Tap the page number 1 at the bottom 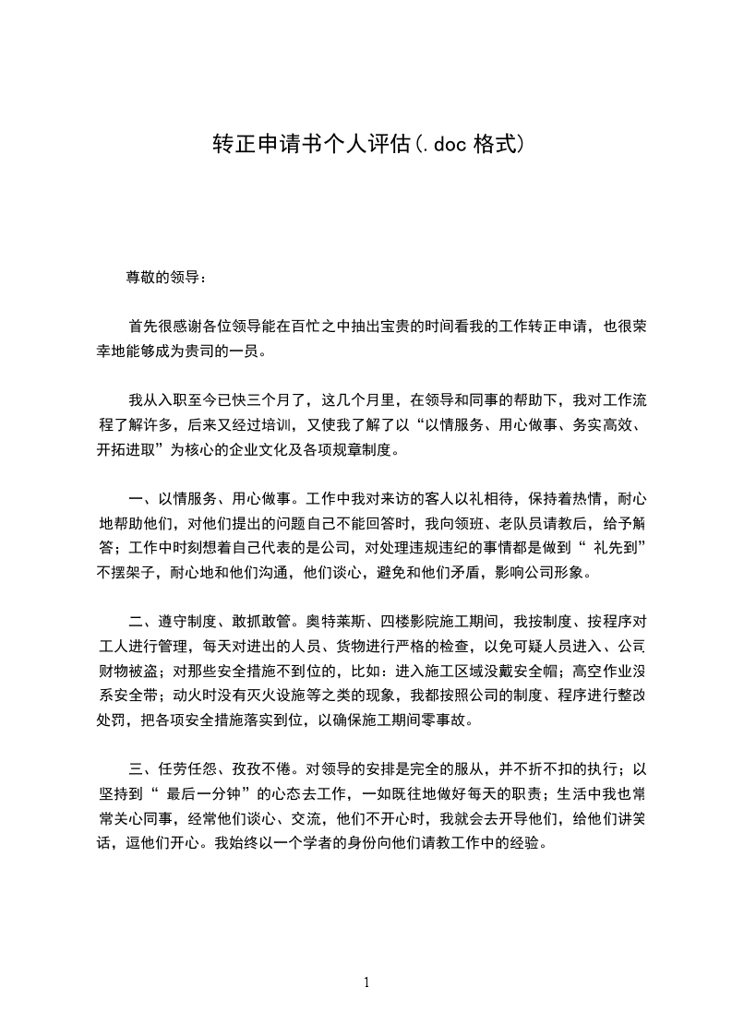tap(366, 982)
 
